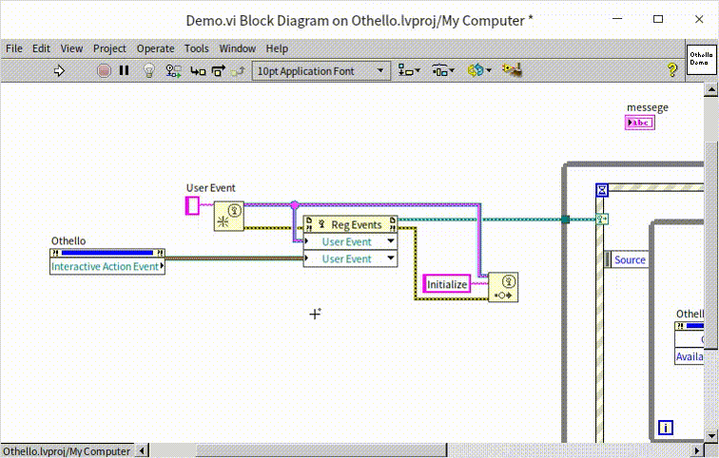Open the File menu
14,48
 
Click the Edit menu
41,48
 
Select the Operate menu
155,48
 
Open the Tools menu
197,48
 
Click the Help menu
277,48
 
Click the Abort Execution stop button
105,70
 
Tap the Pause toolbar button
125,70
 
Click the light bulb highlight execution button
148,70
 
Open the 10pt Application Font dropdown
321,70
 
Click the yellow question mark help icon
671,70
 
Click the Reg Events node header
350,225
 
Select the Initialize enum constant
447,284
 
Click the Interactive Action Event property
106,267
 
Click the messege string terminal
640,123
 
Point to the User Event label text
210,188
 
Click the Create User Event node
227,216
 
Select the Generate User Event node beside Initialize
503,287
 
